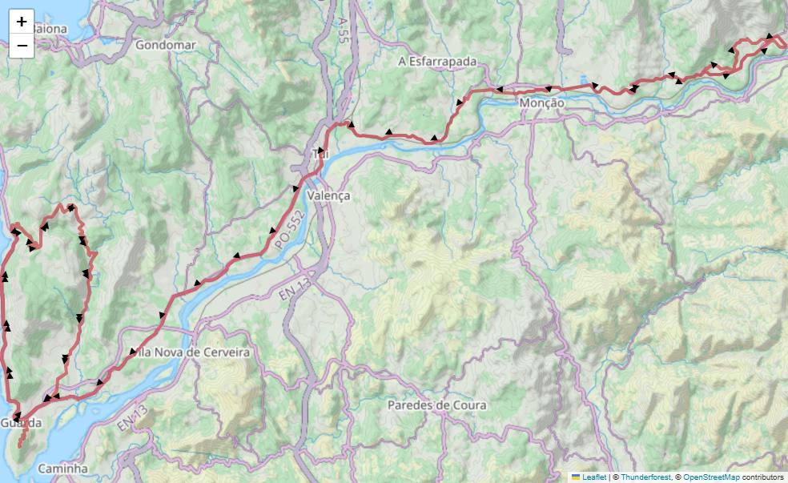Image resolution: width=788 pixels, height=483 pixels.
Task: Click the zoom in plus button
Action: pos(22,22)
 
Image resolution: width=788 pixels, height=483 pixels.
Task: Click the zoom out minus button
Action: pos(22,46)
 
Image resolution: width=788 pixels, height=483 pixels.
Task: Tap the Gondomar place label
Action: pos(166,45)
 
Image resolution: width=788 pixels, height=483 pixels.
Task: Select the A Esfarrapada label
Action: pos(437,62)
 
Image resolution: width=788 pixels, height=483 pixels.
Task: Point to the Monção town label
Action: pos(541,103)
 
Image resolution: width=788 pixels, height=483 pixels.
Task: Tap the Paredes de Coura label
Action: pos(436,405)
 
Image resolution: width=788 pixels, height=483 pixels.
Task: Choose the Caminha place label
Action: pos(62,468)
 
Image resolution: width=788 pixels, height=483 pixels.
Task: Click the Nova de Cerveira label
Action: pos(195,352)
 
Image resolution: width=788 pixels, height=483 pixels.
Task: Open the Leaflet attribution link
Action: pos(593,477)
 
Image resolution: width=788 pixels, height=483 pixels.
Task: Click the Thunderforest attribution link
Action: pos(648,477)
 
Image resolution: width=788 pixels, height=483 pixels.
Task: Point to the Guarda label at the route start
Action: pos(20,423)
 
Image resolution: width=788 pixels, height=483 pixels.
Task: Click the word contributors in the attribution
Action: pos(762,477)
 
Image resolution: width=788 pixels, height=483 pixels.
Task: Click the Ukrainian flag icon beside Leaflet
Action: pos(576,477)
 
